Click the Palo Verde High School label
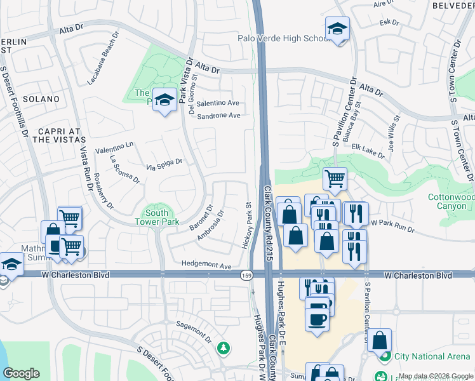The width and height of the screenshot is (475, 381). point(283,38)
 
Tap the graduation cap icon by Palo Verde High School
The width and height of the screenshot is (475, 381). point(337,29)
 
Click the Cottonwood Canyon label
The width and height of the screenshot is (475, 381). point(450,202)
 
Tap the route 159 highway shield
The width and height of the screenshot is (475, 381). point(246,276)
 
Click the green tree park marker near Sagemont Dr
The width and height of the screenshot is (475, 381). point(223,348)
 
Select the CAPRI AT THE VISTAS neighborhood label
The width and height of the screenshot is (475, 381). point(44,134)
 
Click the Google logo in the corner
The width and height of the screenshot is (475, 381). point(21,373)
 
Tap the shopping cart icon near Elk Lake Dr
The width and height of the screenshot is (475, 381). point(334,178)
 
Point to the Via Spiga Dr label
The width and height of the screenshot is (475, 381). point(164,164)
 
